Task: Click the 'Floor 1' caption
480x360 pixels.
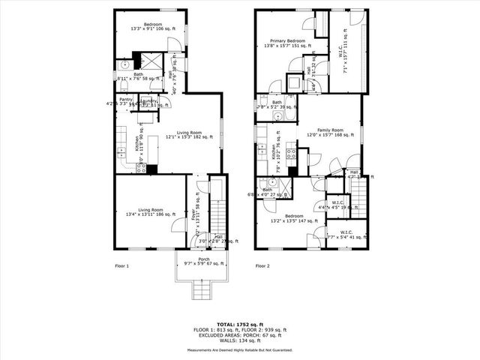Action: pyautogui.click(x=122, y=266)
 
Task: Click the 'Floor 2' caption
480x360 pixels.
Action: pyautogui.click(x=262, y=266)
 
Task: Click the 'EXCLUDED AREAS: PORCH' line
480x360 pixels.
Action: pyautogui.click(x=239, y=334)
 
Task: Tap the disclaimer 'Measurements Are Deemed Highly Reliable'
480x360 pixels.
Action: pyautogui.click(x=239, y=349)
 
